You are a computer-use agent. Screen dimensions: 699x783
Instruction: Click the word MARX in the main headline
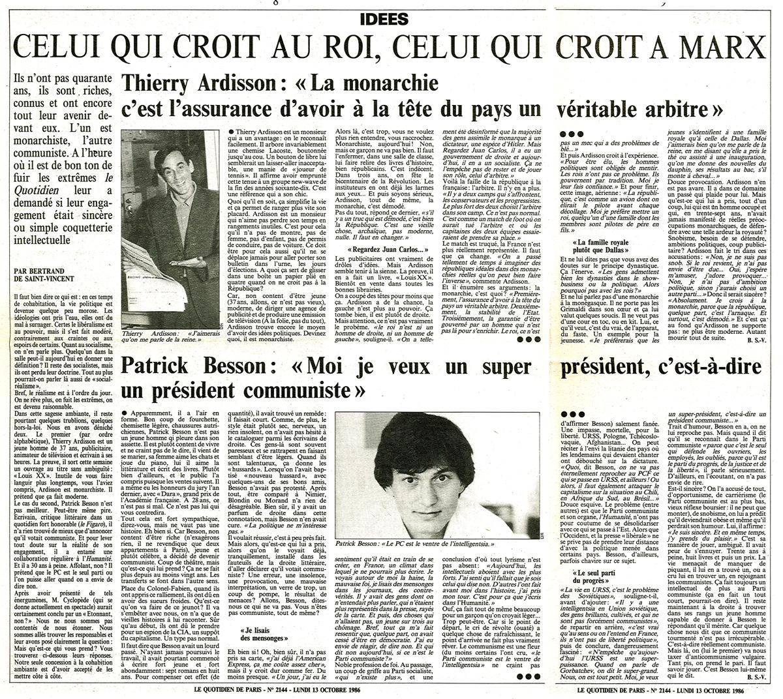point(718,48)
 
